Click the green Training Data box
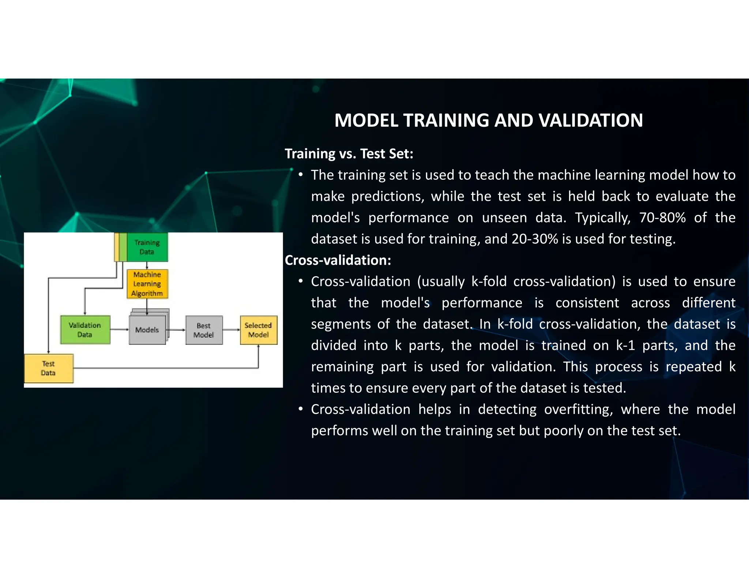(147, 247)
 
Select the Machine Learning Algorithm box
(147, 284)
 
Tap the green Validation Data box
(85, 330)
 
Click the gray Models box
(147, 330)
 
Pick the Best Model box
(204, 330)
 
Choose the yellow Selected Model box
(258, 330)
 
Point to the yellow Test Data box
(48, 368)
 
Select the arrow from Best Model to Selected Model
(231, 330)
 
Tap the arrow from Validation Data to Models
(119, 330)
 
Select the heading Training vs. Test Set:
(349, 154)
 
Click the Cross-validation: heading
(338, 260)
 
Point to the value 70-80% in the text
(662, 218)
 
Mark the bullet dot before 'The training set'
(300, 175)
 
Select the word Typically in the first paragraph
(603, 218)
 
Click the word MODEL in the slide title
(366, 121)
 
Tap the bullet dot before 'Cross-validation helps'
(300, 409)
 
